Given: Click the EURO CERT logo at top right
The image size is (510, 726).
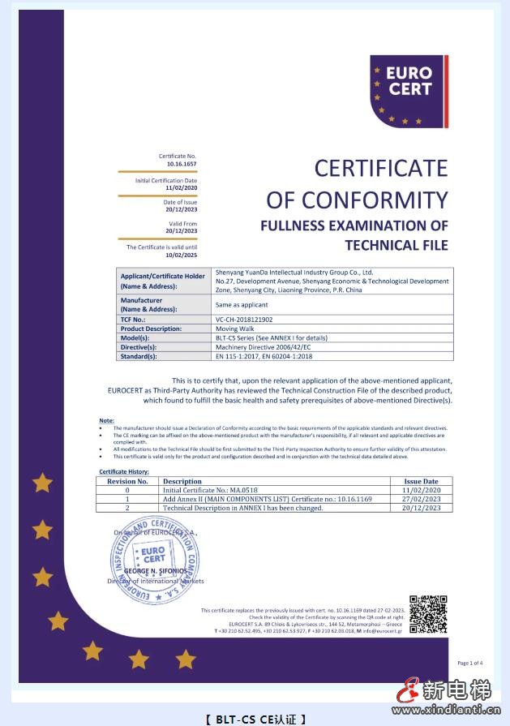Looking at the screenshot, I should (x=409, y=91).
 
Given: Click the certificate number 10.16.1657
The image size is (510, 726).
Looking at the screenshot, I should (x=181, y=164).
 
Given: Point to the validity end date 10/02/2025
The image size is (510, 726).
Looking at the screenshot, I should (x=181, y=253).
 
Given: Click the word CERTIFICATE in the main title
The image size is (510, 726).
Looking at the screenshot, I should (x=380, y=168).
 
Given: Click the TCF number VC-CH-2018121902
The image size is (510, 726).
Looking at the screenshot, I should (x=244, y=320).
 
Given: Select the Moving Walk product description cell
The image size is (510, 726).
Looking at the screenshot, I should (x=234, y=329).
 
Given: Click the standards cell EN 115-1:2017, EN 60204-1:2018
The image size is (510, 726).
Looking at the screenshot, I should (x=264, y=355).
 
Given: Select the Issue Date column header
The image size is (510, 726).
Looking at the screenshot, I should (x=421, y=481).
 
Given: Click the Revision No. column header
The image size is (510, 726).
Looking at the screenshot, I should (x=127, y=481).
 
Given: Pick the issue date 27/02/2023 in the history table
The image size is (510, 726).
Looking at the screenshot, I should (x=421, y=499).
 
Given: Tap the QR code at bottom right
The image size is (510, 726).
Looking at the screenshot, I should (x=427, y=614).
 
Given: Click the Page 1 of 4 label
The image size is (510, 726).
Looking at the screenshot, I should (x=469, y=663).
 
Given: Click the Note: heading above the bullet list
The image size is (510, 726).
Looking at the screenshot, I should (x=106, y=419).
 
